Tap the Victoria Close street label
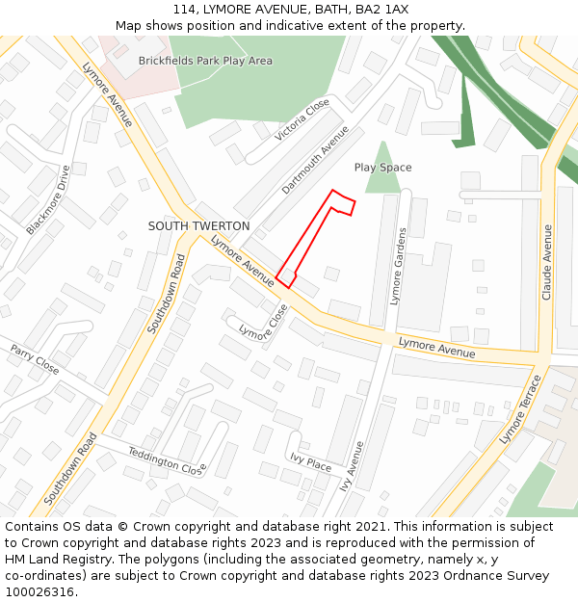[x=302, y=119]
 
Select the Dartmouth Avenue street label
[x=315, y=160]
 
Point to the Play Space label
[x=382, y=168]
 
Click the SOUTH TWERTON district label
[x=198, y=226]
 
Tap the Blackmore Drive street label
[x=49, y=200]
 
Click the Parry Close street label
[x=35, y=359]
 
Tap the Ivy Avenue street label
[x=352, y=467]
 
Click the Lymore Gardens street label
[x=398, y=266]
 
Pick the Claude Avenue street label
[x=546, y=262]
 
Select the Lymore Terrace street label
[x=521, y=409]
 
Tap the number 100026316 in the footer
[x=39, y=591]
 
